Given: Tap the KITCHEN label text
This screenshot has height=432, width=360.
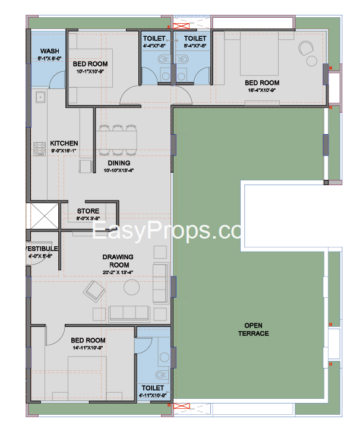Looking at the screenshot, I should pos(64,143).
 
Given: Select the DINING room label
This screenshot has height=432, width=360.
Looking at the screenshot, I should pos(119,163).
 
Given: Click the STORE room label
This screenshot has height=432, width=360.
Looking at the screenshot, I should pos(88,211).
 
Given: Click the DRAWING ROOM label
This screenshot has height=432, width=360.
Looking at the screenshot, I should pos(117,261).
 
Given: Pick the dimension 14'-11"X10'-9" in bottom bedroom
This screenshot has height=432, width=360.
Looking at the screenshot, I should pos(88,348).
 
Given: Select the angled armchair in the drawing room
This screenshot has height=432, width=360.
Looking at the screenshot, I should pos(95,291).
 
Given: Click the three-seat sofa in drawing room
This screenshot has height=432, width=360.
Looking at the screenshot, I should pos(130,313).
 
